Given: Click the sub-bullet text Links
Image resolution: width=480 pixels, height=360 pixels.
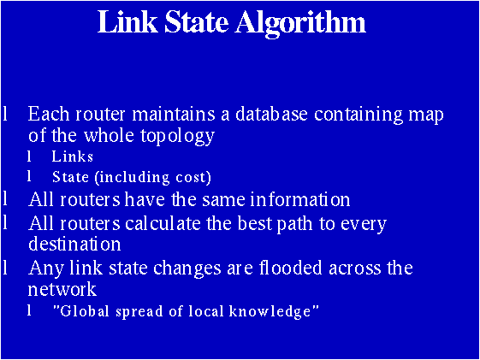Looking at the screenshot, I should point(72,156).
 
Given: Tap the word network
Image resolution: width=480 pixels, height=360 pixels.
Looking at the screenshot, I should point(62,289).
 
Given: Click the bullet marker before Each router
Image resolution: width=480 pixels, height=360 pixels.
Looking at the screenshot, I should point(6,114).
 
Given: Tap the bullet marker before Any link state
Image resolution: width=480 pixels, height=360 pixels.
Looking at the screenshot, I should point(6,268).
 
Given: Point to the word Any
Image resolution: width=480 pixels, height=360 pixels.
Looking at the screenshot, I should point(44,269).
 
